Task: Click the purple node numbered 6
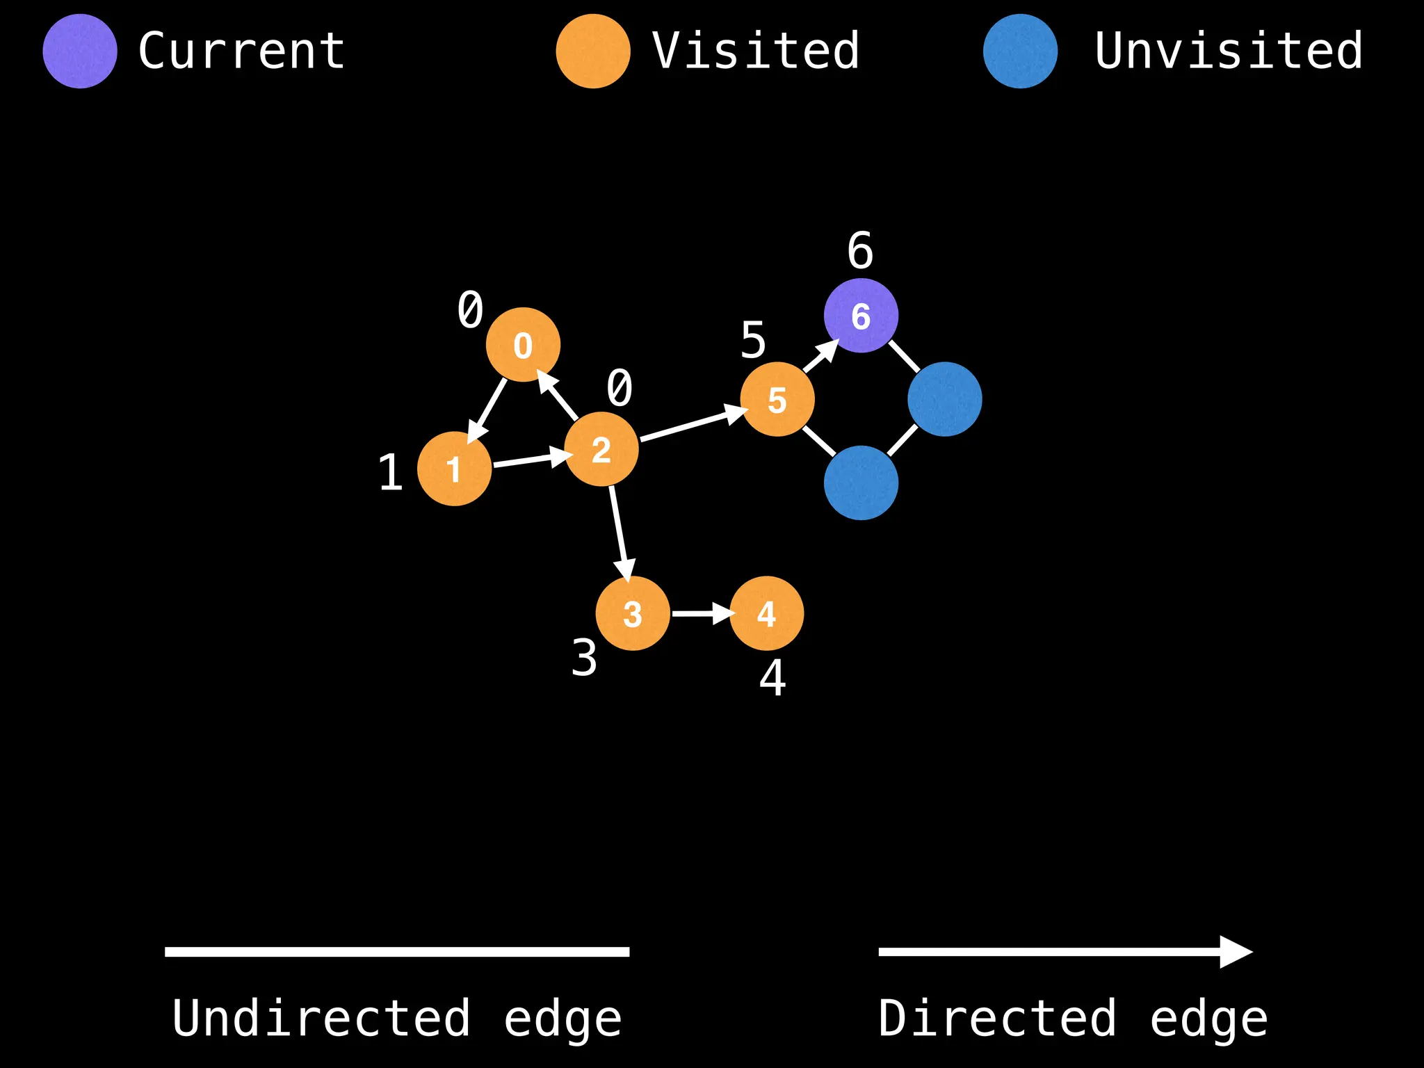click(861, 316)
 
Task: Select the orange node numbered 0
click(523, 345)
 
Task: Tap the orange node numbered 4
click(766, 613)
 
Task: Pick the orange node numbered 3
click(633, 613)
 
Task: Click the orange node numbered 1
click(454, 469)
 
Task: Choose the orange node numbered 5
click(777, 399)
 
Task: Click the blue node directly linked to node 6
click(944, 399)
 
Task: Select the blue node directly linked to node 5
click(861, 483)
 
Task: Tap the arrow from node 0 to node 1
click(489, 408)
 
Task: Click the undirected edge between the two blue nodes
click(903, 441)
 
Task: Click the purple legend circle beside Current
click(79, 51)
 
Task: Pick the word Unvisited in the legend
click(1228, 51)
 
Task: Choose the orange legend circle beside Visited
click(593, 51)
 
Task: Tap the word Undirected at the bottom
click(321, 1019)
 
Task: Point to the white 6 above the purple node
click(860, 250)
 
